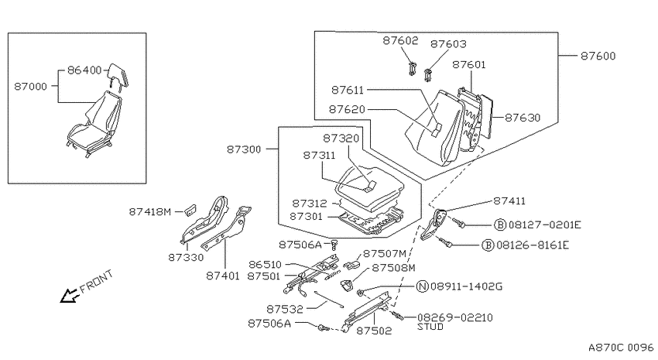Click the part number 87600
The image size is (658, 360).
[x=598, y=56]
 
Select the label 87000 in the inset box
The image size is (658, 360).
[x=31, y=87]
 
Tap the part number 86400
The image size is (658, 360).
[x=84, y=70]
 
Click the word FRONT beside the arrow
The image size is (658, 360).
[x=97, y=281]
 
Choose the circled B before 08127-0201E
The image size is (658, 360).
[x=500, y=225]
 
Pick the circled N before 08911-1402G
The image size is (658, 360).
[x=422, y=286]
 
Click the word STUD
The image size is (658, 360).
[x=430, y=327]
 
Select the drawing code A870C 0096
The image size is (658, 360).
[x=621, y=348]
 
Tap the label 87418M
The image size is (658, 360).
[x=150, y=212]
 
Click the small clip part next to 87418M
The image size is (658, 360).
[x=190, y=209]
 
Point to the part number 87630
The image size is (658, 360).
[x=523, y=118]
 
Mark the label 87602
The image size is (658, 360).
[x=400, y=40]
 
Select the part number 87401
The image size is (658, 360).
[x=223, y=276]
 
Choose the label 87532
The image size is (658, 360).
[x=285, y=309]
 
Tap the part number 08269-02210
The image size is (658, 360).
[x=455, y=317]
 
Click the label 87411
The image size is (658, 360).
[x=509, y=201]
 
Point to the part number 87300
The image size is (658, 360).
[x=244, y=149]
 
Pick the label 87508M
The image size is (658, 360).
[x=393, y=268]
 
